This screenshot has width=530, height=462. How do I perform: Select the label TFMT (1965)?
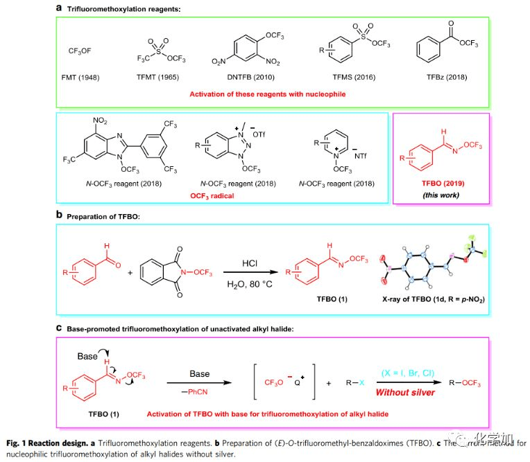coord(161,78)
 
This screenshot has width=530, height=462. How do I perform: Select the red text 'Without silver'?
coord(404,392)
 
